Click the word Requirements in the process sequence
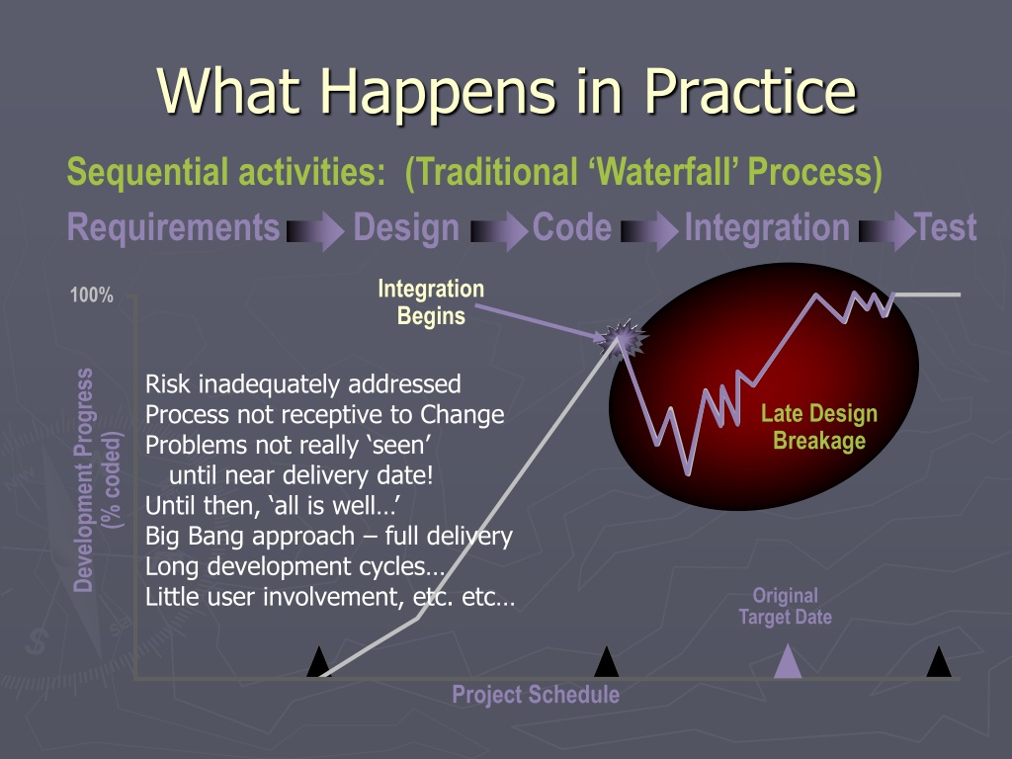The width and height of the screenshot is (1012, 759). point(174,228)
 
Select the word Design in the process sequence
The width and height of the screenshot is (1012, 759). point(406,228)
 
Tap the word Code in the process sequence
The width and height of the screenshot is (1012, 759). point(572,228)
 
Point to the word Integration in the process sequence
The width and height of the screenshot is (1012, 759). point(767,228)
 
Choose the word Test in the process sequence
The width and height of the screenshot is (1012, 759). point(946,228)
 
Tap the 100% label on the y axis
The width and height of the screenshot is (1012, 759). point(92,295)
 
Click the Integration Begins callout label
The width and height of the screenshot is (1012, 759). point(431,302)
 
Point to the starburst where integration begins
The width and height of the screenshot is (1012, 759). point(621,338)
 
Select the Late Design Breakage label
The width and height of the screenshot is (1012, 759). point(819,427)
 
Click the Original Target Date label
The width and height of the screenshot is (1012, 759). point(786,606)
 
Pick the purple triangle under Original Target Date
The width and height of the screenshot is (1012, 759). point(788,661)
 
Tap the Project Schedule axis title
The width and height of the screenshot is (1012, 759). point(536,695)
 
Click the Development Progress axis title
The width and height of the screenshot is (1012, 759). point(97,480)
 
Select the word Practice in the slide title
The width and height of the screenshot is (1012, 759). point(751,91)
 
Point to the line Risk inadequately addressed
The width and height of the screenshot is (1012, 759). point(302,384)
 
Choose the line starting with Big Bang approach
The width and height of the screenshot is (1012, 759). point(329,536)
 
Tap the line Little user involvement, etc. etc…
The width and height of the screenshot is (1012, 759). point(330,596)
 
